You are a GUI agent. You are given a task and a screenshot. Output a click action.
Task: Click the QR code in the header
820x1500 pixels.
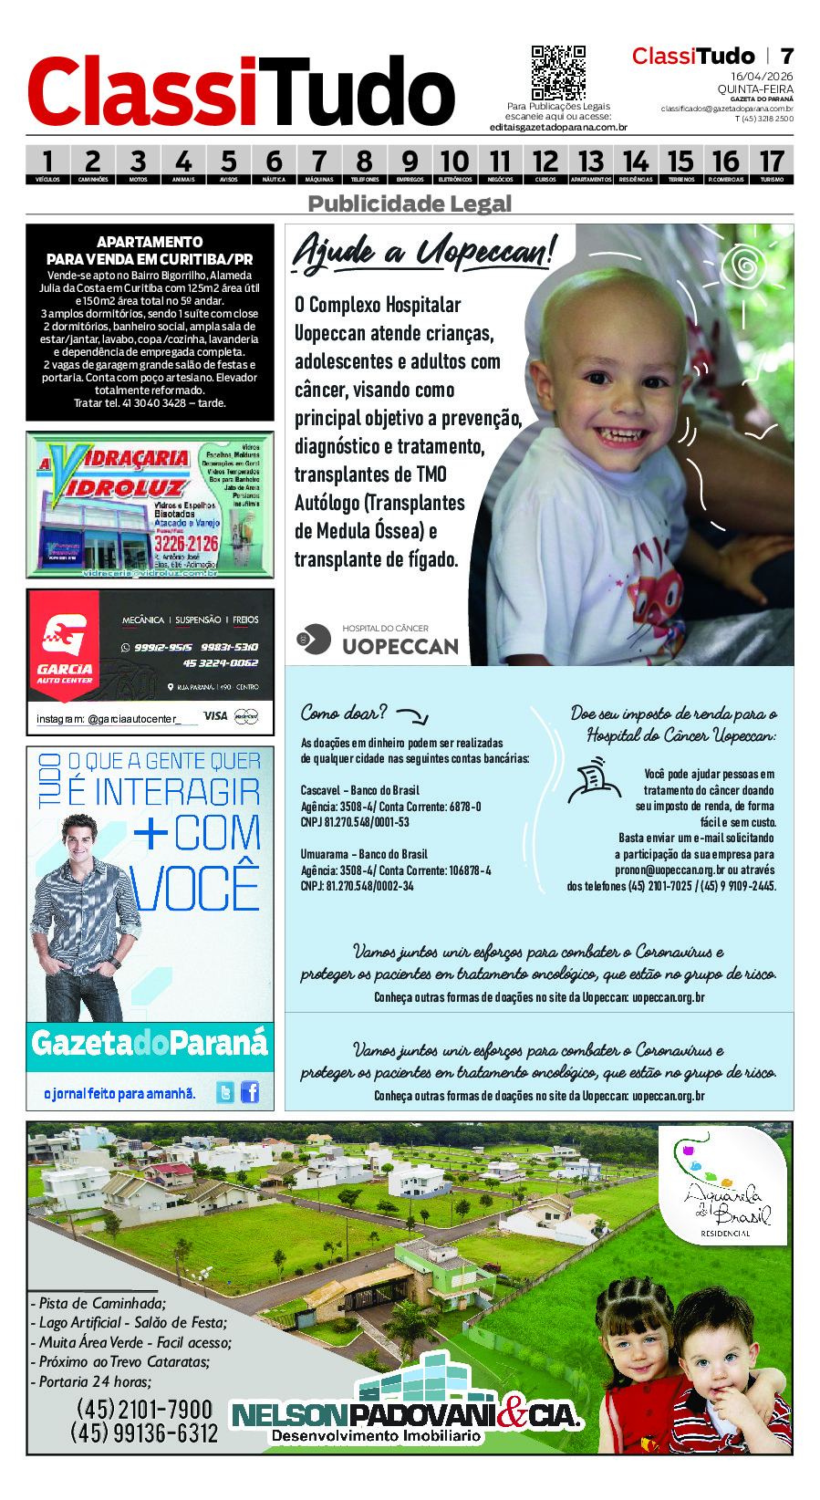coord(558,73)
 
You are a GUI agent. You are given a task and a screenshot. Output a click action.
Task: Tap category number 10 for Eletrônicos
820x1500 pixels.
coord(454,163)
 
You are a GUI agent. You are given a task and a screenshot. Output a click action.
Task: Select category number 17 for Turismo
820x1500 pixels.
coord(772,163)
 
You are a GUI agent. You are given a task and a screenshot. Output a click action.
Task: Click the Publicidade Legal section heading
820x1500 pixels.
coord(410,203)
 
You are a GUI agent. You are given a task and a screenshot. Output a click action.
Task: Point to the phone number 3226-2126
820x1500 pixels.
coord(186,544)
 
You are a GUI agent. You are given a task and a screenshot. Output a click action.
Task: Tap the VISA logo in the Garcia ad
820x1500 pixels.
coord(215,716)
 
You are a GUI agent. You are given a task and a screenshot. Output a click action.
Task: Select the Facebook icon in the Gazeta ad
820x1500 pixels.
coord(250,1092)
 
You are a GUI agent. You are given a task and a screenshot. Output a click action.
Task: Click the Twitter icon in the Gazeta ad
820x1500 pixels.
coord(225,1092)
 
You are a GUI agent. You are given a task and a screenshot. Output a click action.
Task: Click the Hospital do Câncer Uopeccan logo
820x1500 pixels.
coord(378,641)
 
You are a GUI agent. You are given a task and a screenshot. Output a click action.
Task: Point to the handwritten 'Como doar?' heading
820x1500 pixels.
coord(344,713)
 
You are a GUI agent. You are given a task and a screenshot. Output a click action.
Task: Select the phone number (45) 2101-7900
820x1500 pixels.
coord(144,1410)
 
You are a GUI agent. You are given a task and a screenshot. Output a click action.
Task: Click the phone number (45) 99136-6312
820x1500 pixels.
coord(144,1433)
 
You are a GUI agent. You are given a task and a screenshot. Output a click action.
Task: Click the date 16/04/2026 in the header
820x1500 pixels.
coord(762,77)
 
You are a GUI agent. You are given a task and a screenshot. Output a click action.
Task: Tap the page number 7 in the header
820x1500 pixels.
coord(786,57)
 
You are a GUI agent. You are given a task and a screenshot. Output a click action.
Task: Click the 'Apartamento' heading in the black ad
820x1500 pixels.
coord(150,242)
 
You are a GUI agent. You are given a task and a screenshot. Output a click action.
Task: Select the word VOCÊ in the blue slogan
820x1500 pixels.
coord(195,888)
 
